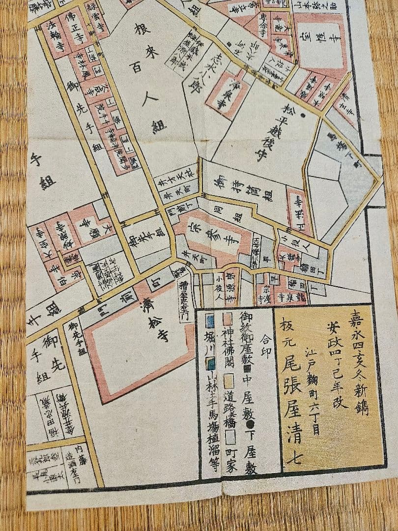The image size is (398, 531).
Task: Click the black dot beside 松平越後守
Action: coord(303,116)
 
